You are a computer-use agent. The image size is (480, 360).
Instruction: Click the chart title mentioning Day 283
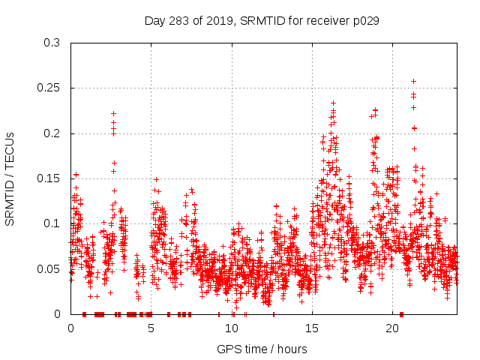tap(261, 20)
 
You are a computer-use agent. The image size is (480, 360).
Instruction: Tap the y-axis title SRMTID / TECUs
tap(10, 178)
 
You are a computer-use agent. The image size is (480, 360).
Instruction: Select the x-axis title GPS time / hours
tap(261, 349)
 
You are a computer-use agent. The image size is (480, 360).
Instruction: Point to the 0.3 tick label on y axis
tap(52, 43)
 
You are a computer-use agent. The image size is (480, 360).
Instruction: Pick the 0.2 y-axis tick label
tap(52, 133)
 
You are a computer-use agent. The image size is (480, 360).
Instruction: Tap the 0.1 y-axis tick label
tap(52, 223)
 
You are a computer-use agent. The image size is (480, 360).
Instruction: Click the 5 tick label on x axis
tap(151, 328)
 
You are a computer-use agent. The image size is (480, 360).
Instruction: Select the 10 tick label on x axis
tap(232, 328)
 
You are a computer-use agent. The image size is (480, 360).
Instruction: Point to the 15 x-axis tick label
tap(312, 328)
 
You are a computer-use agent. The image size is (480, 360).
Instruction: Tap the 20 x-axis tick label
tap(392, 328)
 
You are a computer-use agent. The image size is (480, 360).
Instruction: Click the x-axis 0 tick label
tap(71, 328)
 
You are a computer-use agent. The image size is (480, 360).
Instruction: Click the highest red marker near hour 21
tap(413, 81)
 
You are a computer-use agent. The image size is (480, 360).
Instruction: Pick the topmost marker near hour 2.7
tap(113, 113)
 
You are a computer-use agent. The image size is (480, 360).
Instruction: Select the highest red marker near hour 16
tap(333, 103)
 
